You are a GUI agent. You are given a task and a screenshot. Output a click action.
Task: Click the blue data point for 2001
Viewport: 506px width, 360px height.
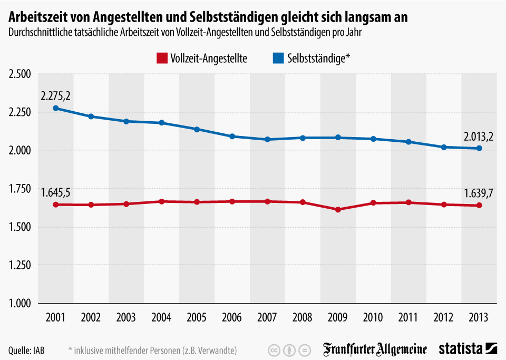click(x=55, y=108)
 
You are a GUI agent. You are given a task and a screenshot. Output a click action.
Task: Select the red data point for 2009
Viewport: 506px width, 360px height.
click(x=338, y=209)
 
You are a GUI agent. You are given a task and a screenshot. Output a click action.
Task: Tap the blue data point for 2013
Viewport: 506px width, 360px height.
click(x=479, y=148)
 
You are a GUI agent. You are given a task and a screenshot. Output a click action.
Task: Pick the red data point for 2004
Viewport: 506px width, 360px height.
click(x=161, y=201)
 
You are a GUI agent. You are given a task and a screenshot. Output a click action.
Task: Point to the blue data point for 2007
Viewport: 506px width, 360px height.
click(x=267, y=139)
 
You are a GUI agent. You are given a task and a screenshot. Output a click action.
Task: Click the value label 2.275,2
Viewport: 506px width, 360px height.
click(x=55, y=96)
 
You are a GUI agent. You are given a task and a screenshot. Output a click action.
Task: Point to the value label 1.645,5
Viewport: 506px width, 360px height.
click(x=55, y=193)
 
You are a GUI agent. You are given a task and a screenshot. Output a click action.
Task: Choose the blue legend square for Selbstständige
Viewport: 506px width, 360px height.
click(x=277, y=58)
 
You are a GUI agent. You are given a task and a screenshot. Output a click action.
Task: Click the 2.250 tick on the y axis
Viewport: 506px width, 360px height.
click(x=20, y=112)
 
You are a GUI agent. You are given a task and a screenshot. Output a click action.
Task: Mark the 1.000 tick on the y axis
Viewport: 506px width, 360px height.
click(x=20, y=304)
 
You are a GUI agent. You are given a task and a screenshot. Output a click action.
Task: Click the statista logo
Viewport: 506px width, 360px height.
click(x=468, y=349)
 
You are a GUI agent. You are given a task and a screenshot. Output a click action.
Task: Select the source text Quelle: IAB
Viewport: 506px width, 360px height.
click(x=26, y=350)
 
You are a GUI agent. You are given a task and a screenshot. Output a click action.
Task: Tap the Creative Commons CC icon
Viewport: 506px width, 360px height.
click(x=274, y=350)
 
